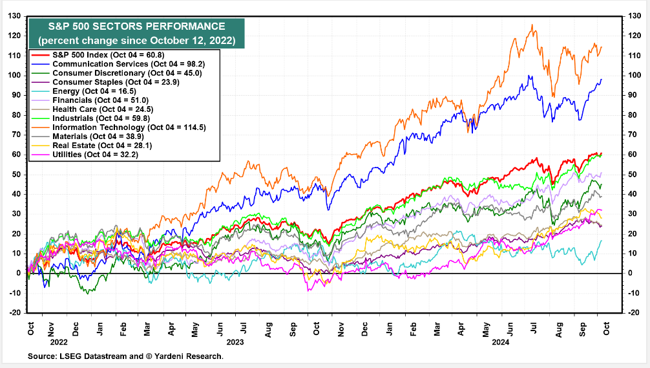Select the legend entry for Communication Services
point(101,64)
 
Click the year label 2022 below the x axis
point(58,341)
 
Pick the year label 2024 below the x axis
point(500,341)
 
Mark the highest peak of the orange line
point(532,25)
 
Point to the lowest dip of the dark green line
point(88,293)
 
